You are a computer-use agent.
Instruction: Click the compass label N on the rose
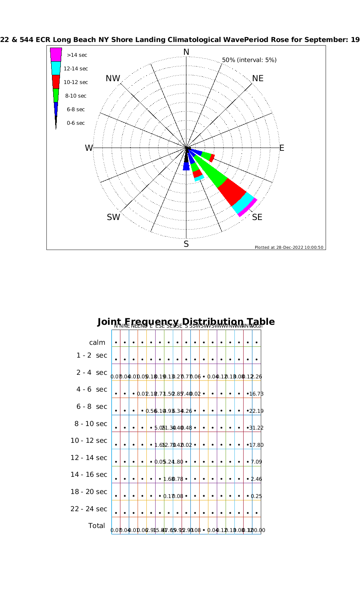tap(186, 52)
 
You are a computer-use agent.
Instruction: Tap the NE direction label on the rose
tap(258, 78)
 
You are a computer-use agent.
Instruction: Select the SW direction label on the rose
tap(113, 217)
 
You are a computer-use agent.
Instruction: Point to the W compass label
tap(89, 148)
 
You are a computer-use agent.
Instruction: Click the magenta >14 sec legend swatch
tap(56, 54)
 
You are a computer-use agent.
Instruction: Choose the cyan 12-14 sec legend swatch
tap(56, 68)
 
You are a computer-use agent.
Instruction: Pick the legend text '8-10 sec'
tap(76, 96)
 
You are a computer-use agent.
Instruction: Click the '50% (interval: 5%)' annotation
tap(249, 60)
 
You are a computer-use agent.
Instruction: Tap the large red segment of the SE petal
tap(232, 191)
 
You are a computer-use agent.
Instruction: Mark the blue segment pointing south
tap(186, 166)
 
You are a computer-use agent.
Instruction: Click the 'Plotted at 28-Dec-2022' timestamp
tap(289, 247)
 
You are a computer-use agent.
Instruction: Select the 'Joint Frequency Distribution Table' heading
tap(186, 322)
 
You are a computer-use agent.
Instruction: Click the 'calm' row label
tap(97, 342)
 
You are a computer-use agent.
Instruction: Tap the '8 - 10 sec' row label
tap(91, 424)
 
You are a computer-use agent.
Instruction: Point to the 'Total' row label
tap(96, 526)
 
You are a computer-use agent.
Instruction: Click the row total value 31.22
tap(256, 428)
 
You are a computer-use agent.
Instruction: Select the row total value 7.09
tap(256, 462)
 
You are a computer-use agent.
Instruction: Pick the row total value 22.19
tap(256, 411)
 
